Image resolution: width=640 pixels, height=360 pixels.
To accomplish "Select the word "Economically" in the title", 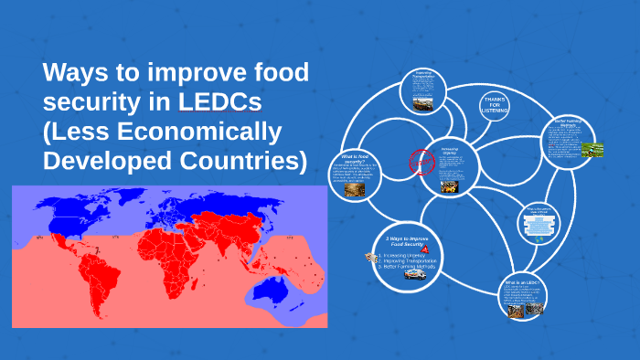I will [x=211, y=132].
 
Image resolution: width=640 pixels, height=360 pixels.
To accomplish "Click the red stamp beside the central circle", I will [x=418, y=163].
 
